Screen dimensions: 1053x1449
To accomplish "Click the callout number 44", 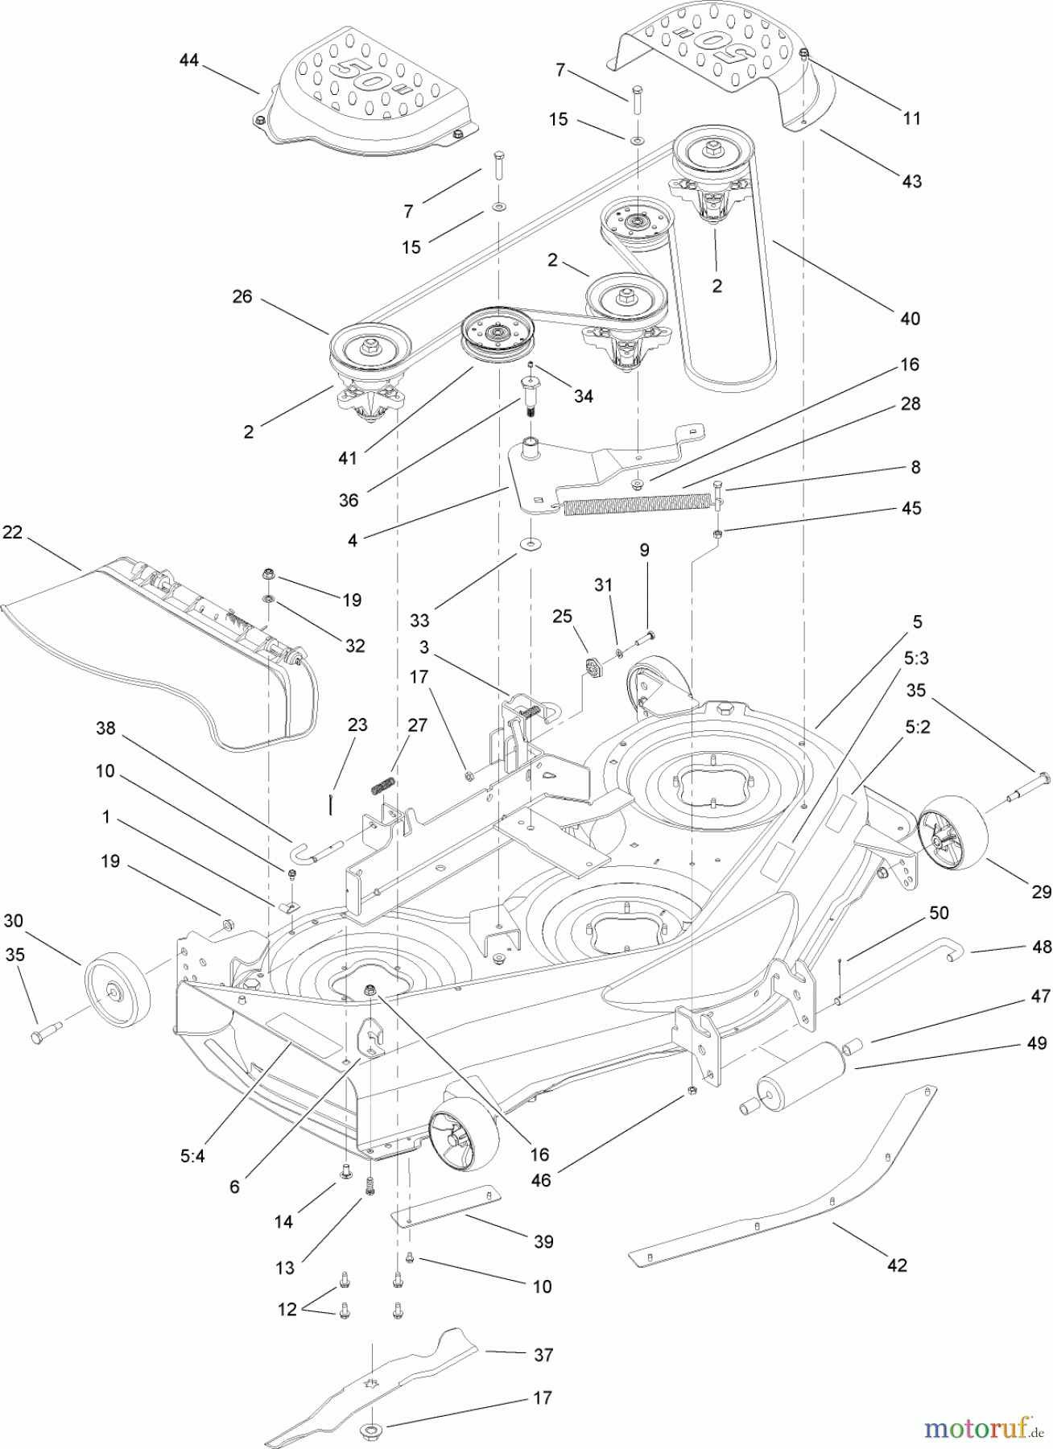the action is click(188, 60).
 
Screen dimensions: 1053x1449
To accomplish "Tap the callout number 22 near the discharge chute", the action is click(14, 533).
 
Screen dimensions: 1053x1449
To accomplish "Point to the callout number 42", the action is click(897, 1265).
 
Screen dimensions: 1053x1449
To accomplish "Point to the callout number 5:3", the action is click(916, 658).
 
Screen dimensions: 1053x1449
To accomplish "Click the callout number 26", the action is click(242, 297).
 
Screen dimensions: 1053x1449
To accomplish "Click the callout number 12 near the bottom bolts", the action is click(287, 1310).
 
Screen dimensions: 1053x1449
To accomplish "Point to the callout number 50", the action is click(939, 913).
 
